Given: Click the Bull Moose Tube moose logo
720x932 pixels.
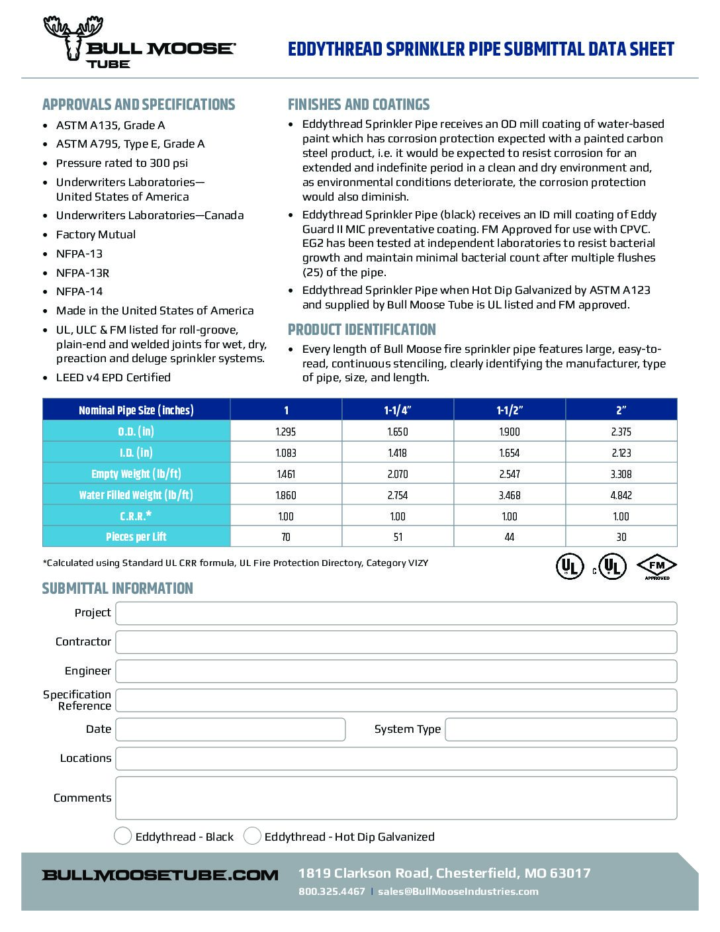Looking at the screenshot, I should (74, 38).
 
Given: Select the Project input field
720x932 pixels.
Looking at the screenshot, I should (396, 613).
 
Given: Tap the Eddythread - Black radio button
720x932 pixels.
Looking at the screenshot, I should (122, 836).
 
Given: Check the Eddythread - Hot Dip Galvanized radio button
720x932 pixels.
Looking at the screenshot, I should (252, 836).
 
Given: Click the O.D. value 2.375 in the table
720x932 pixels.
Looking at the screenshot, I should (621, 432).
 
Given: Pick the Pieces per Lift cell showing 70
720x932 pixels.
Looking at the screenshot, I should (286, 537).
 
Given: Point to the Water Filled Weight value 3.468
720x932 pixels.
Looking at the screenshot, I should (509, 495).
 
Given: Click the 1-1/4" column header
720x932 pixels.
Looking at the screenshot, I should (398, 410).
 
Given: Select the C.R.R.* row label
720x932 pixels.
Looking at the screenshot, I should (136, 516).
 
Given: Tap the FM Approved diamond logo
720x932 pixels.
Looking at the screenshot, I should (656, 567).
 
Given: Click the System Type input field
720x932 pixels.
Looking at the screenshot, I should (561, 729).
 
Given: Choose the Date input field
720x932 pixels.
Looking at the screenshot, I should (230, 729).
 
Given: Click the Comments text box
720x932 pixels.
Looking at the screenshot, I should (396, 798).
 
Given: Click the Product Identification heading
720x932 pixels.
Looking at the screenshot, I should (361, 330).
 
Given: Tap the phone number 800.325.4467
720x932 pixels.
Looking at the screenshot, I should (332, 891).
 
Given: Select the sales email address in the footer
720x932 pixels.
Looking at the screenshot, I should (458, 891).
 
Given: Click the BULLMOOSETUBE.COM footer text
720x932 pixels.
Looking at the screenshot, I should (160, 875).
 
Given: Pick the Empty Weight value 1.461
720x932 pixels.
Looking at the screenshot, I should (286, 474).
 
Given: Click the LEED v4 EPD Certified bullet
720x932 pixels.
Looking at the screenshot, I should (113, 377).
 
